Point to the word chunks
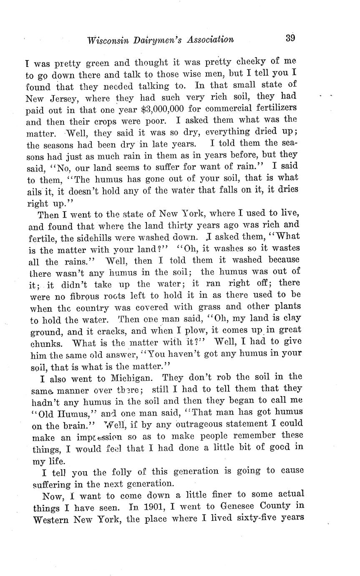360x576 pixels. [46, 344]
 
